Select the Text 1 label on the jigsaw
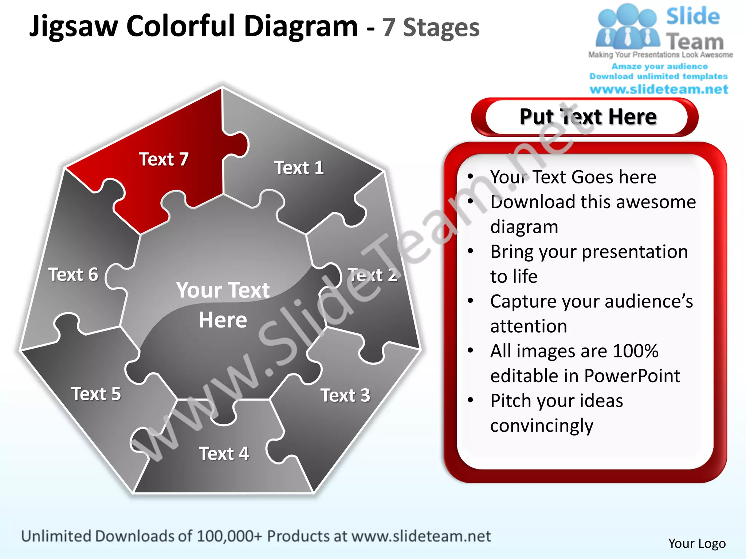tap(299, 168)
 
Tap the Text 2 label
tap(372, 275)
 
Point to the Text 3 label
tap(345, 395)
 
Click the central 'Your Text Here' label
tap(223, 305)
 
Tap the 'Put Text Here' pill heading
tap(588, 117)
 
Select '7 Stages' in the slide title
tap(431, 28)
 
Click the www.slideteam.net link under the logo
tap(659, 89)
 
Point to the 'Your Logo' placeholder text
tap(697, 543)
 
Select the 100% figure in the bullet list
tap(635, 351)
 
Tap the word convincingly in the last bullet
tap(542, 425)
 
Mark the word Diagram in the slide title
tap(301, 26)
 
